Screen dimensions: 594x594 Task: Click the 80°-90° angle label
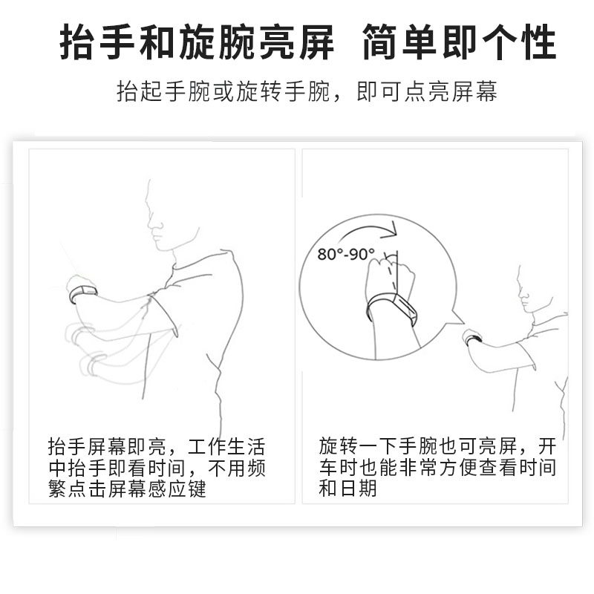tap(346, 254)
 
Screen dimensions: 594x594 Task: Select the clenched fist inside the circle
tap(391, 276)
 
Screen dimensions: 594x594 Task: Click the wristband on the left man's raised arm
tap(83, 293)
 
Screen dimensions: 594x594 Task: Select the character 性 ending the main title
tap(538, 42)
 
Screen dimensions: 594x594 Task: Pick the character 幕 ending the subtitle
tap(487, 91)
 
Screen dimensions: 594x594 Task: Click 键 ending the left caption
tap(197, 489)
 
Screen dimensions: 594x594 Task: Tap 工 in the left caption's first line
tap(197, 447)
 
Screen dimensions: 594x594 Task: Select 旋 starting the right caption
tap(328, 446)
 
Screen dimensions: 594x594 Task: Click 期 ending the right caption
tap(368, 489)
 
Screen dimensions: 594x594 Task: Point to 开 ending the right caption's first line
tap(547, 446)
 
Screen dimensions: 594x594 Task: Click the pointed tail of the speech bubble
tap(463, 324)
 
